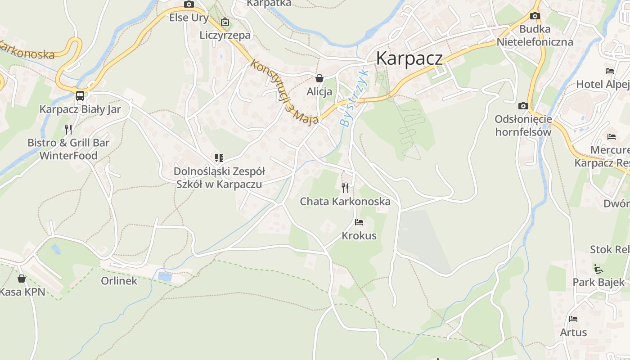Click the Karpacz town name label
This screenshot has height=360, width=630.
click(409, 58)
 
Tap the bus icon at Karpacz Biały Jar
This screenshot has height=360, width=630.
click(80, 96)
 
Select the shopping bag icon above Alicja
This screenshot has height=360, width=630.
click(319, 78)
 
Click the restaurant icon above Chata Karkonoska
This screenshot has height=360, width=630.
click(345, 188)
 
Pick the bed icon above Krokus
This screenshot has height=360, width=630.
click(359, 222)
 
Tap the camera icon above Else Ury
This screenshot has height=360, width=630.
click(189, 4)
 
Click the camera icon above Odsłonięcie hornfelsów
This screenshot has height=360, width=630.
click(523, 106)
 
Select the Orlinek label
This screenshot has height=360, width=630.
click(119, 281)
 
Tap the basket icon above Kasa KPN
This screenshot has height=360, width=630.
click(21, 279)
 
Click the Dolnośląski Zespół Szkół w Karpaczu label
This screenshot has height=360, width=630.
click(219, 178)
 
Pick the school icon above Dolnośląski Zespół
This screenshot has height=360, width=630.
click(219, 158)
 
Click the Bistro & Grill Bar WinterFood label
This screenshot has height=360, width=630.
click(68, 149)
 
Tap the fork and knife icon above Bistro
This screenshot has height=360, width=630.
click(68, 130)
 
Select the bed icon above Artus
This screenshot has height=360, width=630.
click(573, 319)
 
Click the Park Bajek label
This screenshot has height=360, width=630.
click(598, 282)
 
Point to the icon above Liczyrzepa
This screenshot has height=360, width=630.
click(225, 22)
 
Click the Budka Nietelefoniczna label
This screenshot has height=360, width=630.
click(535, 36)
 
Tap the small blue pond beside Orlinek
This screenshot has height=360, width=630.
click(165, 277)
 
